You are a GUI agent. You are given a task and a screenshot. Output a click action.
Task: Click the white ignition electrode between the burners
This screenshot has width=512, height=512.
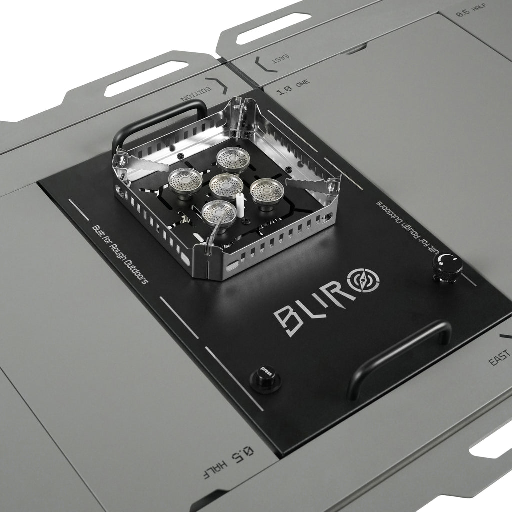tap(240, 205)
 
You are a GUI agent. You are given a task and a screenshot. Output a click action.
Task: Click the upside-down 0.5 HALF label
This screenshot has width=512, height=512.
tap(228, 462)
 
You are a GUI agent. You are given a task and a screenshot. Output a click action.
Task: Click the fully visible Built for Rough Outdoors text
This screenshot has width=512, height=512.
tap(120, 253)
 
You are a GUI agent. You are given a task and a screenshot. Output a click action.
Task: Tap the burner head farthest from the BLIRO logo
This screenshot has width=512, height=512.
tap(233, 159)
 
